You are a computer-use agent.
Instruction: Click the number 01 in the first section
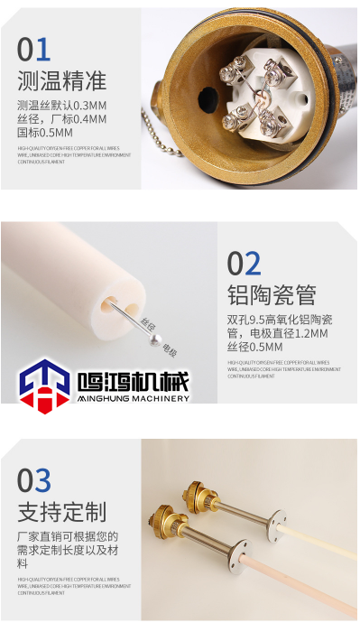(x=34, y=50)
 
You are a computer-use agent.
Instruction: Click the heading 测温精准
(x=61, y=81)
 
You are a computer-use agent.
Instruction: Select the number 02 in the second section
(x=244, y=264)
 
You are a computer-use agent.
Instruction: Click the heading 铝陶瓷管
(x=271, y=295)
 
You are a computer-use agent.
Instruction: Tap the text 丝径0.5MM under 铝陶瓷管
(x=255, y=347)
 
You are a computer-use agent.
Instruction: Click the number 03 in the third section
(x=34, y=480)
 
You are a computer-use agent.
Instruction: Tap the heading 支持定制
(x=61, y=512)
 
